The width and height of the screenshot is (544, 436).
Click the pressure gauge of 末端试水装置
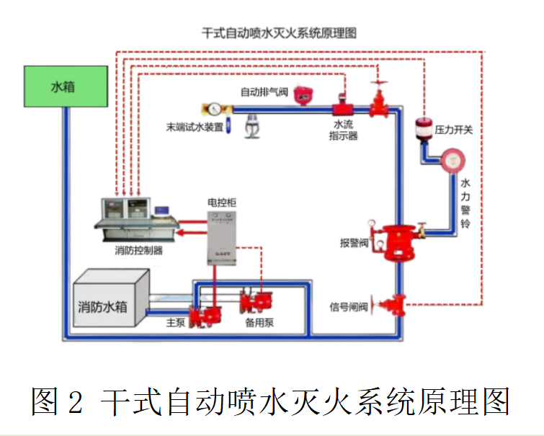(x=214, y=110)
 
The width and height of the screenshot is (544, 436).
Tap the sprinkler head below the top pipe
(x=252, y=123)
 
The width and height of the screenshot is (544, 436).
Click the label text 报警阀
(x=354, y=242)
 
